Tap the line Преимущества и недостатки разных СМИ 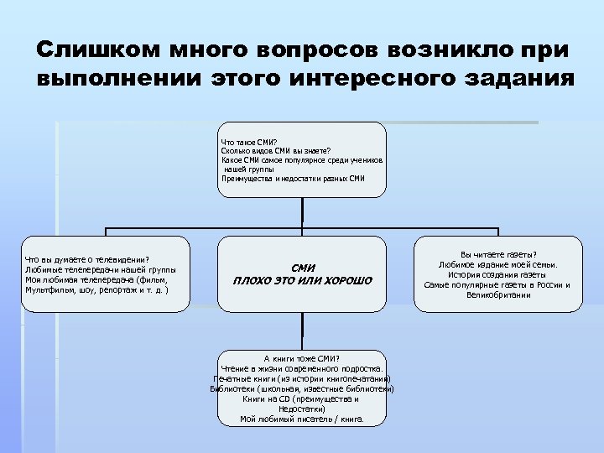coord(293,178)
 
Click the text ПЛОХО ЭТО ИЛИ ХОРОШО coord(302,280)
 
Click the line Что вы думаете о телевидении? coord(87,259)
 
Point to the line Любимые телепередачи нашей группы coord(100,269)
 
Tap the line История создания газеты coord(497,274)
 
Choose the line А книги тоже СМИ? coord(301,358)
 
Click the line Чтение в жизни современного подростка coord(302,368)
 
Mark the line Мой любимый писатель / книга coord(302,419)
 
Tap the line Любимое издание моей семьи coord(497,264)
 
